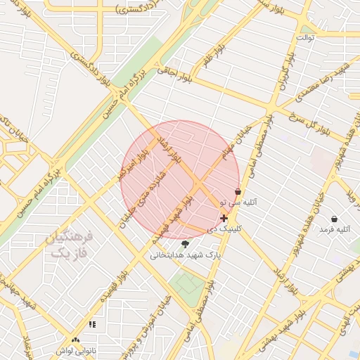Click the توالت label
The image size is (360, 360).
click(306, 37)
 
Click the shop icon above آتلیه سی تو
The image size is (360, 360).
click(238, 191)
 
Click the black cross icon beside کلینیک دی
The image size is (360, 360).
click(224, 219)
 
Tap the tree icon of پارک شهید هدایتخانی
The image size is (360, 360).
click(185, 245)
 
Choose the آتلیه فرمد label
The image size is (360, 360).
click(334, 229)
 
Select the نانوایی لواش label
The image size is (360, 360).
click(75, 350)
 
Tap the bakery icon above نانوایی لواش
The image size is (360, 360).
click(75, 340)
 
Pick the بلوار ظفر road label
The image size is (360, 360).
click(212, 56)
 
